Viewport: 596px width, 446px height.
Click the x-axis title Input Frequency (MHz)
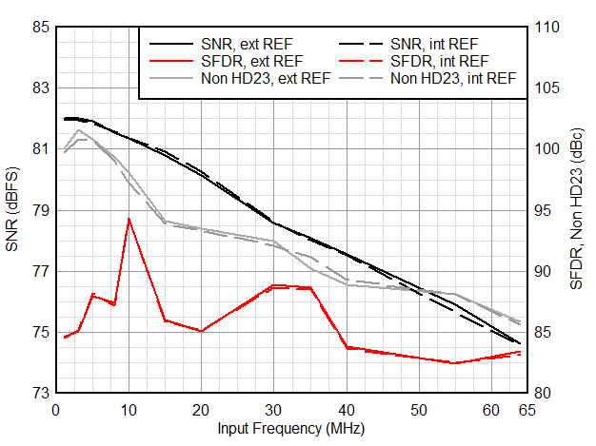pos(288,429)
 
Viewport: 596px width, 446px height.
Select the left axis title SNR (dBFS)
pos(12,210)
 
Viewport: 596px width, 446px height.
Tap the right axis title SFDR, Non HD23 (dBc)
pos(578,210)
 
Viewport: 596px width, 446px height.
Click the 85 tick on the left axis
pos(41,28)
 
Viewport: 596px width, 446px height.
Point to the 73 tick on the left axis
pos(41,393)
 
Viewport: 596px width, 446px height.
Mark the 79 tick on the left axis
pos(41,210)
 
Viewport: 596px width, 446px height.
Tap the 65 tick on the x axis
pos(526,410)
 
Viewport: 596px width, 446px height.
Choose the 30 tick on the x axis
pos(273,410)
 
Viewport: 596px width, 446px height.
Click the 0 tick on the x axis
pos(55,410)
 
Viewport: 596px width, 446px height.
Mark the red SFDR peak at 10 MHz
pos(129,219)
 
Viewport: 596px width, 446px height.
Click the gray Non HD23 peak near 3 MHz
pos(78,130)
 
